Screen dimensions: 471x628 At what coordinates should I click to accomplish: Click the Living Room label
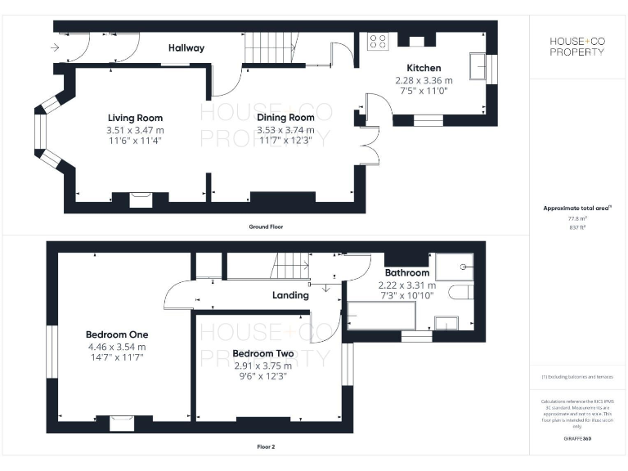point(135,118)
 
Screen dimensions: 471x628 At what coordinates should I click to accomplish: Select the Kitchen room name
point(424,68)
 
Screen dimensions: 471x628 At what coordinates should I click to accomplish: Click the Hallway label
point(186,48)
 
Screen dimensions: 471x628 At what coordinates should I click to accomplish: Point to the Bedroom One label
point(117,334)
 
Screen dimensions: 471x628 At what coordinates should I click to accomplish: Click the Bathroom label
point(406,272)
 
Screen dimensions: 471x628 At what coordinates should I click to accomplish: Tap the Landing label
point(290,295)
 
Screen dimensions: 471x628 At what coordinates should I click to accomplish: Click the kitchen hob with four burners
point(378,42)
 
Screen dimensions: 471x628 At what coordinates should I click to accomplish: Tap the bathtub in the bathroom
point(382,316)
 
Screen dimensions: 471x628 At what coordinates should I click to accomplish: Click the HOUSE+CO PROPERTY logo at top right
point(576,47)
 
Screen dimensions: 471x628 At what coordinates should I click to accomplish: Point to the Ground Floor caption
point(267,226)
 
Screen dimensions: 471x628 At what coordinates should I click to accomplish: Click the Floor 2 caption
point(267,447)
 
